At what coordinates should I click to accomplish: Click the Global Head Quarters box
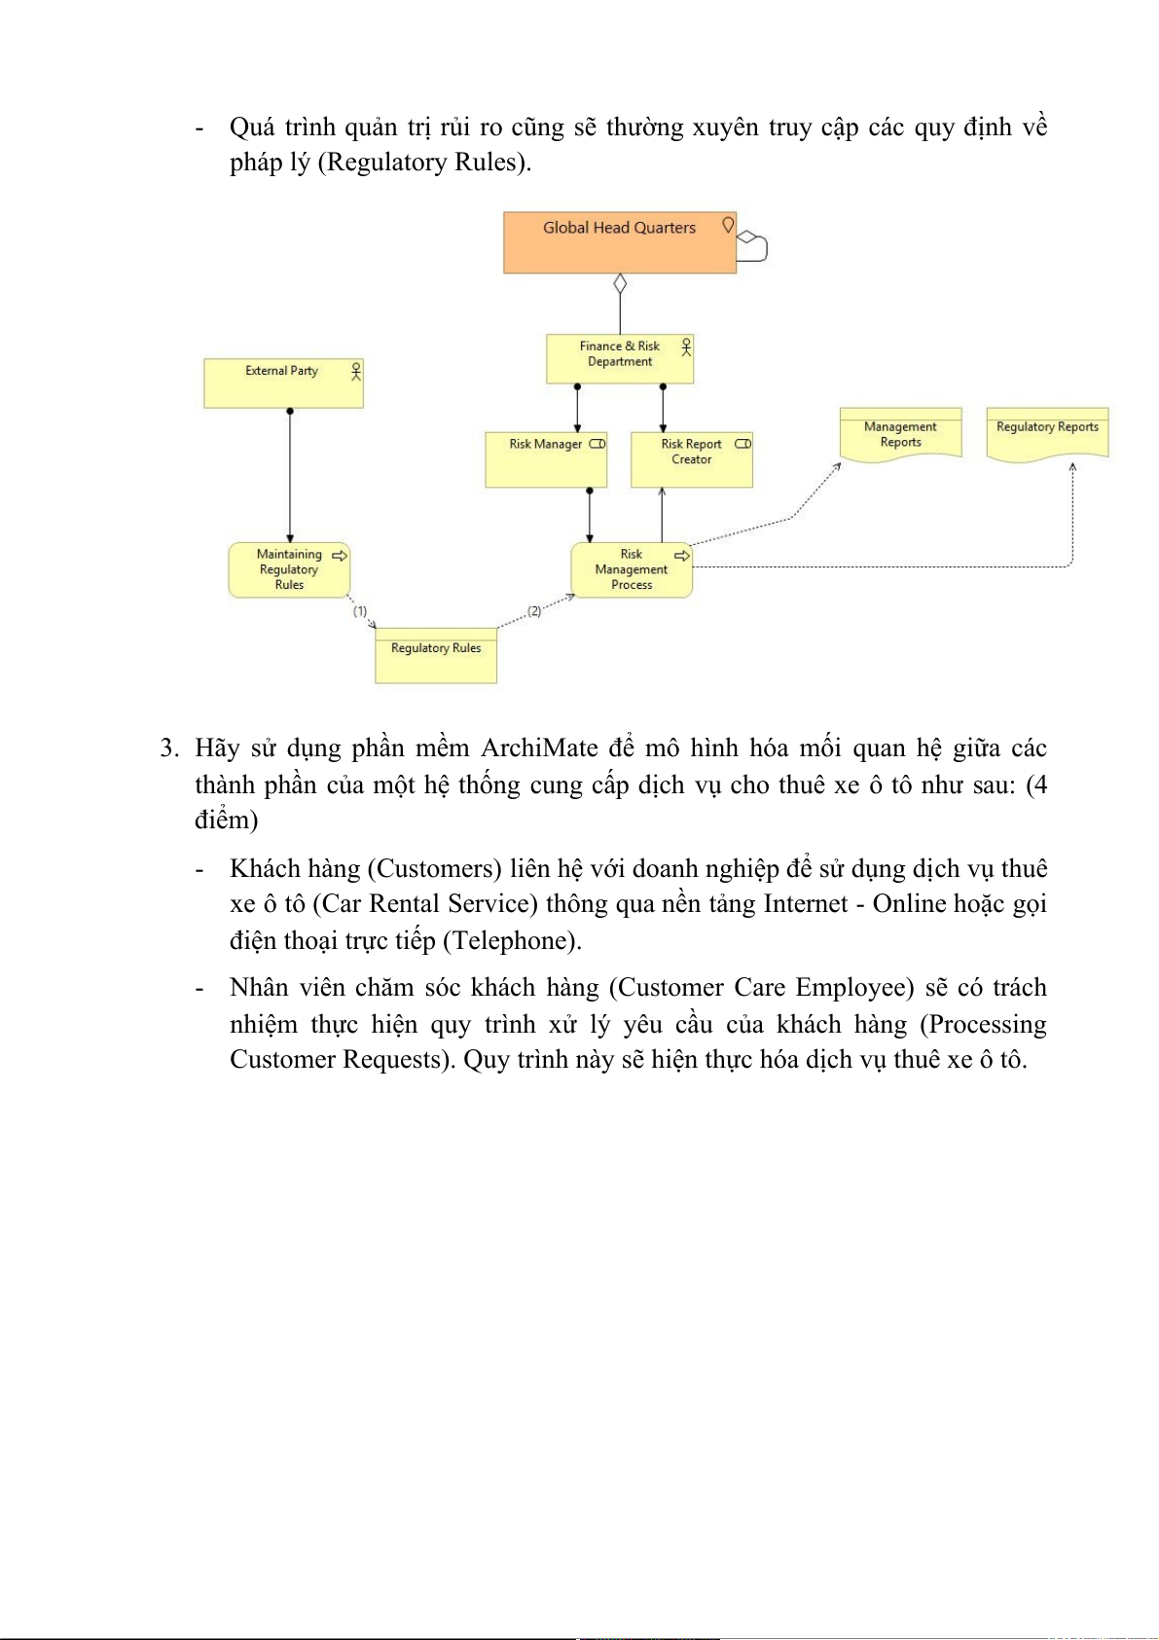point(619,242)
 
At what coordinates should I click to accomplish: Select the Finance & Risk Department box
point(620,358)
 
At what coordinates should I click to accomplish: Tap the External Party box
point(283,383)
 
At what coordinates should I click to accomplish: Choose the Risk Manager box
point(546,459)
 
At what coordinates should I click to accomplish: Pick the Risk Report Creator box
point(691,459)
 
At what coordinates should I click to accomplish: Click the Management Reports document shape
point(900,434)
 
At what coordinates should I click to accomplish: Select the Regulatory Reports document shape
point(1047,433)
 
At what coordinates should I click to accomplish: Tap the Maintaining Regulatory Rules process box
point(289,569)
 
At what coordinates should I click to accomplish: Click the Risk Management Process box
point(632,569)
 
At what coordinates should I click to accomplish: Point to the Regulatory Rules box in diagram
point(436,655)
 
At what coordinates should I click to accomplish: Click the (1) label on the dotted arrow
point(360,611)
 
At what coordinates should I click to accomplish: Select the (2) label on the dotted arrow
point(534,611)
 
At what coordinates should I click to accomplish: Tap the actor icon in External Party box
point(356,371)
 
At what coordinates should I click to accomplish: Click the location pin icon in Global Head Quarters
point(728,225)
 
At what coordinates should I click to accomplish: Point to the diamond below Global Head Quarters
point(620,284)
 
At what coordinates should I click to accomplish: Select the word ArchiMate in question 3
point(539,747)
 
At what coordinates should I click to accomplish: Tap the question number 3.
point(168,747)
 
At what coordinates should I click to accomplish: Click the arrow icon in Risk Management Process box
point(682,556)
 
